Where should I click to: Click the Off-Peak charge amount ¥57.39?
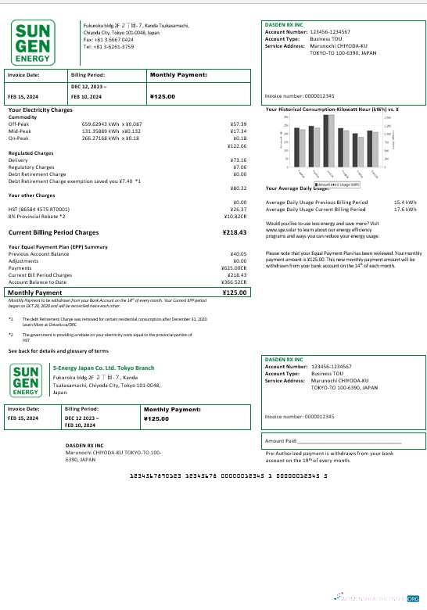point(239,124)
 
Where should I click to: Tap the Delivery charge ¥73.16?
point(239,160)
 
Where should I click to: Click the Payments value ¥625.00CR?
point(234,268)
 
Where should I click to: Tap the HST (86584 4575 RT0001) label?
point(38,209)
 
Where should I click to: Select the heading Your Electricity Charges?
point(40,110)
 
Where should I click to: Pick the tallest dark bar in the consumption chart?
point(313,145)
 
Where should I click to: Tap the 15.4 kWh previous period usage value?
point(405,202)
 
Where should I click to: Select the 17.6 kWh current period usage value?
point(405,209)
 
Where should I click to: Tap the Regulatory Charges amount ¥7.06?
point(240,167)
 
